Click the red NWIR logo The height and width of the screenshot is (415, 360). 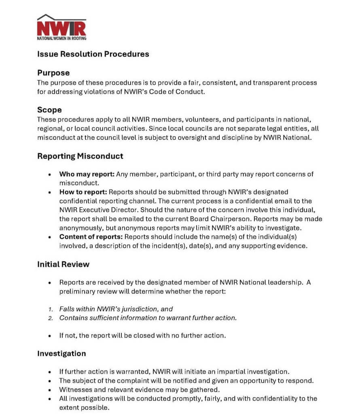[x=61, y=27]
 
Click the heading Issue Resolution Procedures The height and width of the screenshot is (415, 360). [x=93, y=54]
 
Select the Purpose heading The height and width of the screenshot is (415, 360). [x=53, y=73]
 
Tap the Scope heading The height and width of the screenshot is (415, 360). [x=49, y=110]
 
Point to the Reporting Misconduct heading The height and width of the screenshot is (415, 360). [x=80, y=156]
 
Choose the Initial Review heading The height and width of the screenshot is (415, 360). [x=63, y=264]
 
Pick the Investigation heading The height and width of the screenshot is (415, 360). [x=61, y=354]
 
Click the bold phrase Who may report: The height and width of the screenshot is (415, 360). [x=87, y=174]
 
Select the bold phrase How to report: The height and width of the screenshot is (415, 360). [x=83, y=192]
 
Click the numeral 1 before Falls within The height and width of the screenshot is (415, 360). [x=51, y=309]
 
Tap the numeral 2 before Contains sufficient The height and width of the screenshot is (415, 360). [x=51, y=318]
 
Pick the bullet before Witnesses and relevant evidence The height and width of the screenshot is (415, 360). [x=50, y=390]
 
